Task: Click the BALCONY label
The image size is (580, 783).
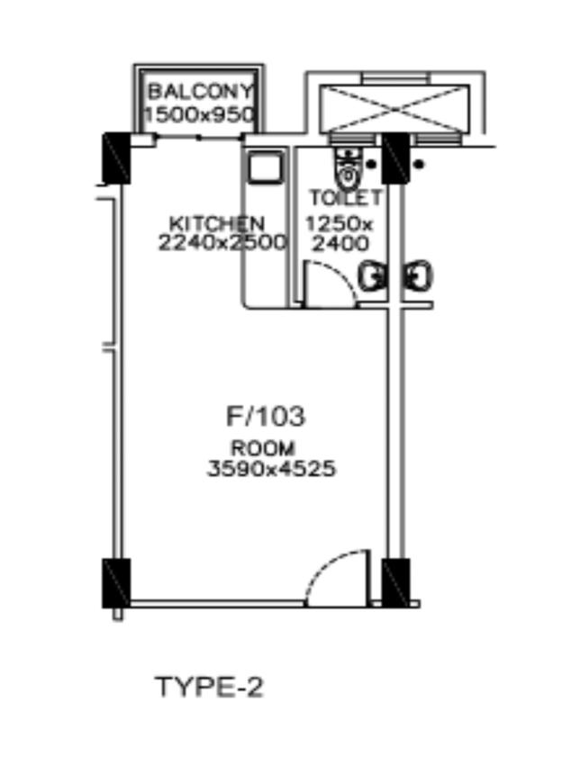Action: pos(201,92)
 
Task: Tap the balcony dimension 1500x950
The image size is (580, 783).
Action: pos(200,115)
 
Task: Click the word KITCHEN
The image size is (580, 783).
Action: pos(217,223)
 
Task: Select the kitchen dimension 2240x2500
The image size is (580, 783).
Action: pos(222,243)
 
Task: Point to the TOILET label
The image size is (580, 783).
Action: pos(346,198)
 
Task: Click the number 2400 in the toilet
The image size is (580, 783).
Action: pos(340,244)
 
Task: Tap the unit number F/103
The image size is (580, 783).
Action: pos(266,417)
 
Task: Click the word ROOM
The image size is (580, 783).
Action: pos(263,448)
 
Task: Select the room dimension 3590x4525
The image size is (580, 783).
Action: pos(271,469)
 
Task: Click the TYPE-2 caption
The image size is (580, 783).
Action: pos(209,687)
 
